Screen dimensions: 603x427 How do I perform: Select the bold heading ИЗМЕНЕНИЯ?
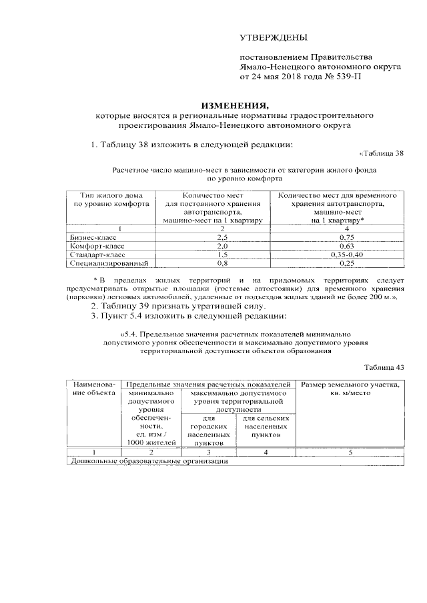tap(236, 105)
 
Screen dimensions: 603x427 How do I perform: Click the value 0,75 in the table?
tap(346, 237)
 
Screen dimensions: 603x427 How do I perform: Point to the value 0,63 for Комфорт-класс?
tap(346, 246)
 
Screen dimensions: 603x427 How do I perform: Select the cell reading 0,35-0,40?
tap(346, 255)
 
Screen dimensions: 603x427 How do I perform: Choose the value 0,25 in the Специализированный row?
tap(346, 263)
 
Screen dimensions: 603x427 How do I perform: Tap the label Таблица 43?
tap(385, 367)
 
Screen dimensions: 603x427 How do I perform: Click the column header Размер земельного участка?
tap(350, 385)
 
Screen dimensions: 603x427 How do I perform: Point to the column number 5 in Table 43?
tap(350, 452)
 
